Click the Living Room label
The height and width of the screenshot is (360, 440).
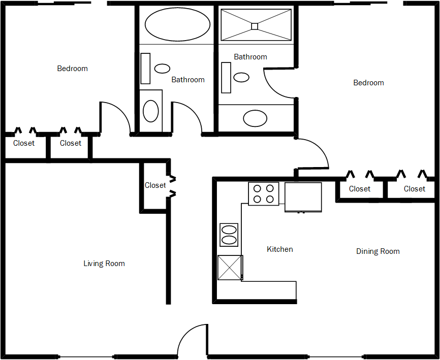(104, 264)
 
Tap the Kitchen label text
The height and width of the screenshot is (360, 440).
(280, 249)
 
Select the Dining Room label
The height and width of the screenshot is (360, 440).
(378, 251)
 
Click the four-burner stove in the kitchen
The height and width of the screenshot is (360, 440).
(263, 193)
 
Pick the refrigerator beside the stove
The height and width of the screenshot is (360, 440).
(303, 197)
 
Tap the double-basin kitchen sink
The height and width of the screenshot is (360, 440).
(229, 235)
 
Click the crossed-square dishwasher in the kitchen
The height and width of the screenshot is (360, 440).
(230, 268)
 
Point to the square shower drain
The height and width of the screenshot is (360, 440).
(255, 26)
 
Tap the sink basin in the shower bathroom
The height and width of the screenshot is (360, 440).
(241, 77)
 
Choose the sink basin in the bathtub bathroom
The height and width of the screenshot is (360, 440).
(162, 69)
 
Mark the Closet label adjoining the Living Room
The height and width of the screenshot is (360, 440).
(155, 185)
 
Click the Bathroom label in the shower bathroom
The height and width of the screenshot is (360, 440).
(250, 57)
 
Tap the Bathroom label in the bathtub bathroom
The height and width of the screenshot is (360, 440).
(187, 80)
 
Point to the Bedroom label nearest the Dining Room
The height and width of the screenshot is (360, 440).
(368, 83)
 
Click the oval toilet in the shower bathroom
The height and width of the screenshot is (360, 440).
(255, 118)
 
